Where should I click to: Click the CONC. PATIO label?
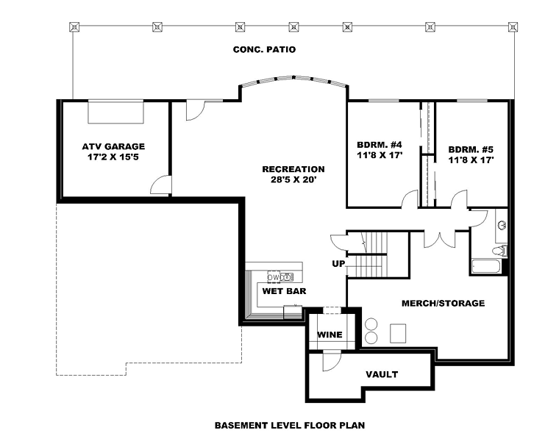(x=264, y=49)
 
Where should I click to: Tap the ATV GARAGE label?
(x=113, y=146)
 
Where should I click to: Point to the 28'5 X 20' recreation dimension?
(x=293, y=179)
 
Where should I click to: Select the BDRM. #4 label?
(x=380, y=145)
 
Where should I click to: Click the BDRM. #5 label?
(x=471, y=150)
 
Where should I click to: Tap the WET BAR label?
(x=284, y=291)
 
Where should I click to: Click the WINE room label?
(x=330, y=335)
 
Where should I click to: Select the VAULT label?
(x=382, y=375)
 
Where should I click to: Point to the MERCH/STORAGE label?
(x=443, y=304)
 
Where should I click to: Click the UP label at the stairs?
(x=338, y=264)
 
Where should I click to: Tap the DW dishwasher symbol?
(x=274, y=277)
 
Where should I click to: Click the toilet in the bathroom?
(x=500, y=251)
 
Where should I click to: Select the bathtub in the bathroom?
(x=485, y=266)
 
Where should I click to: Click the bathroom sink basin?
(x=502, y=225)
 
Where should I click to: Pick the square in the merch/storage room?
(x=398, y=333)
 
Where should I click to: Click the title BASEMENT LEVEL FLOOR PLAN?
(x=290, y=426)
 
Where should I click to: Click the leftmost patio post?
(x=74, y=26)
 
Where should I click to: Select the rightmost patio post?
(x=513, y=26)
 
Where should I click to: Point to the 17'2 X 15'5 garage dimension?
(x=113, y=157)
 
